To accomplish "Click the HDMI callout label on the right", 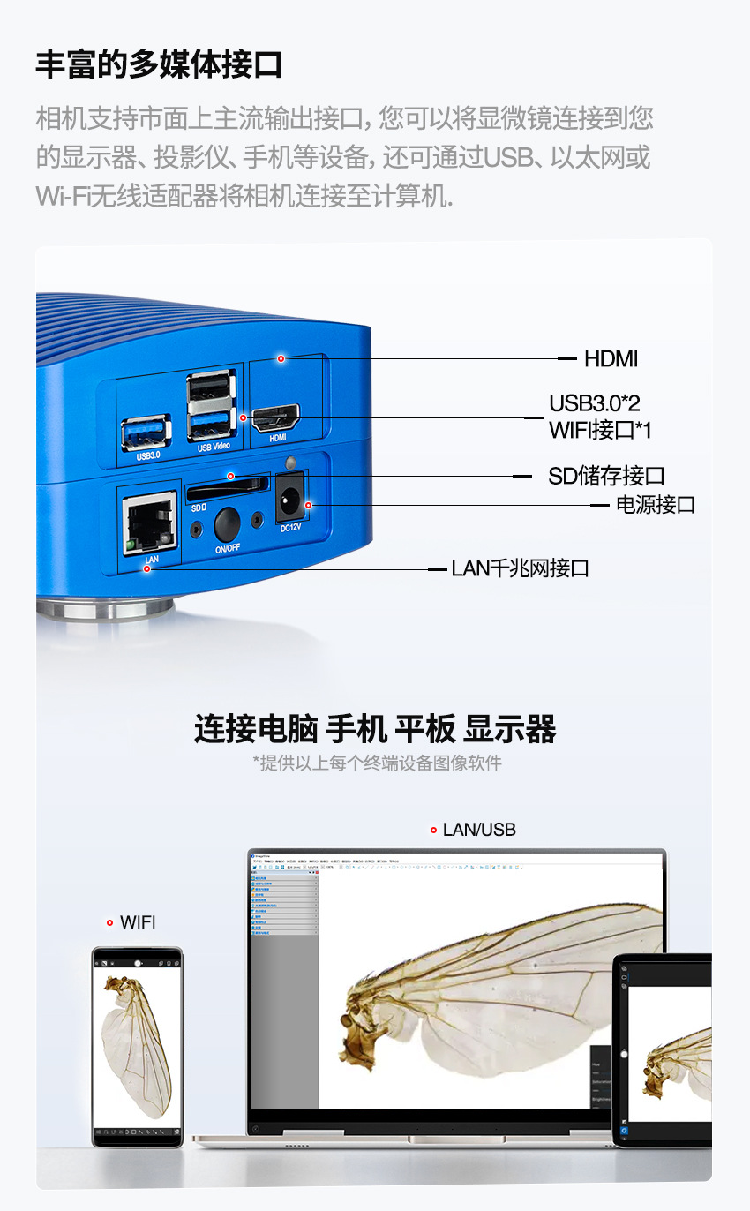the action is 611,358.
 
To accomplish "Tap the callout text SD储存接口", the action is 606,476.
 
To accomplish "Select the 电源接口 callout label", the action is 655,505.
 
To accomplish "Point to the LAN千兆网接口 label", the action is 520,568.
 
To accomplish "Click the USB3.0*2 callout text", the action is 594,403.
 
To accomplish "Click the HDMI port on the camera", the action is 276,417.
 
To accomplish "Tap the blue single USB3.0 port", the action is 146,432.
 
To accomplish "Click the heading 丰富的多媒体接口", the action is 159,64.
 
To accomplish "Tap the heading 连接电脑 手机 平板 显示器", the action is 375,730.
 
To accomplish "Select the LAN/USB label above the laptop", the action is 479,830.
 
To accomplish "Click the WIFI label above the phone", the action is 138,922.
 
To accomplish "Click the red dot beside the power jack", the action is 309,505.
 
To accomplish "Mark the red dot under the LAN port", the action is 147,569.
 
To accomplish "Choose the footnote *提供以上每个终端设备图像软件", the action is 377,763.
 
